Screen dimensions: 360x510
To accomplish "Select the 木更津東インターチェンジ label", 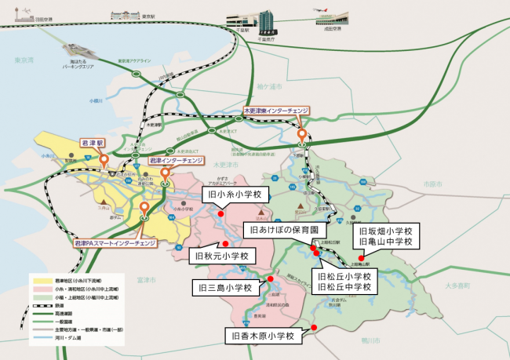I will pos(277,111).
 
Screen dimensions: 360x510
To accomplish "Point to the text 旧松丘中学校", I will pos(345,287).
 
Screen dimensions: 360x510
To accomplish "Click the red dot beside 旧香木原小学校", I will pos(314,327).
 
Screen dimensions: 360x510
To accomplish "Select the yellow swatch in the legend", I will pos(40,278).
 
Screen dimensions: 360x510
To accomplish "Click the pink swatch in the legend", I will pos(40,289).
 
